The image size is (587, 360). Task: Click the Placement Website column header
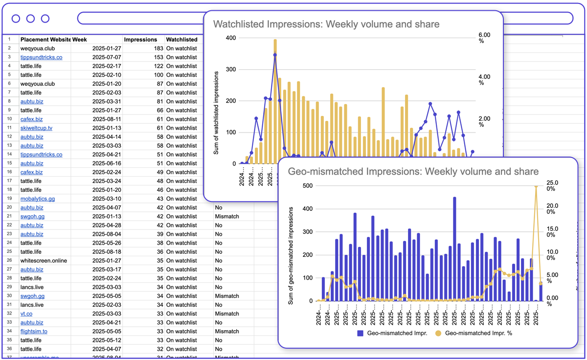pyautogui.click(x=45, y=40)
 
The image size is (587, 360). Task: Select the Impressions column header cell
pyautogui.click(x=140, y=40)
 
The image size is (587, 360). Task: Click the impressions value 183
pyautogui.click(x=157, y=48)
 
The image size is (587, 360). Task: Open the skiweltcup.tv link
pyautogui.click(x=36, y=128)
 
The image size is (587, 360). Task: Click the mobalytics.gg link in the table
pyautogui.click(x=37, y=199)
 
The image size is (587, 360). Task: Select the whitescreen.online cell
pyautogui.click(x=44, y=261)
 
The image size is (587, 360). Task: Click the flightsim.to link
pyautogui.click(x=34, y=332)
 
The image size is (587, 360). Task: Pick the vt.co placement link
pyautogui.click(x=26, y=314)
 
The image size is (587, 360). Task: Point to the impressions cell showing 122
pyautogui.click(x=157, y=66)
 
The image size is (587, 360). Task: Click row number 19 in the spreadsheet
pyautogui.click(x=9, y=199)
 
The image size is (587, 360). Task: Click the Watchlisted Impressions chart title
pyautogui.click(x=326, y=24)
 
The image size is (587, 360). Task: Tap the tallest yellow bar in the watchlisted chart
pyautogui.click(x=275, y=98)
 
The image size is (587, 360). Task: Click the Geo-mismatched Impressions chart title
pyautogui.click(x=413, y=171)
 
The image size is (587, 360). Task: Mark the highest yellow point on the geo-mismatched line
pyautogui.click(x=536, y=186)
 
